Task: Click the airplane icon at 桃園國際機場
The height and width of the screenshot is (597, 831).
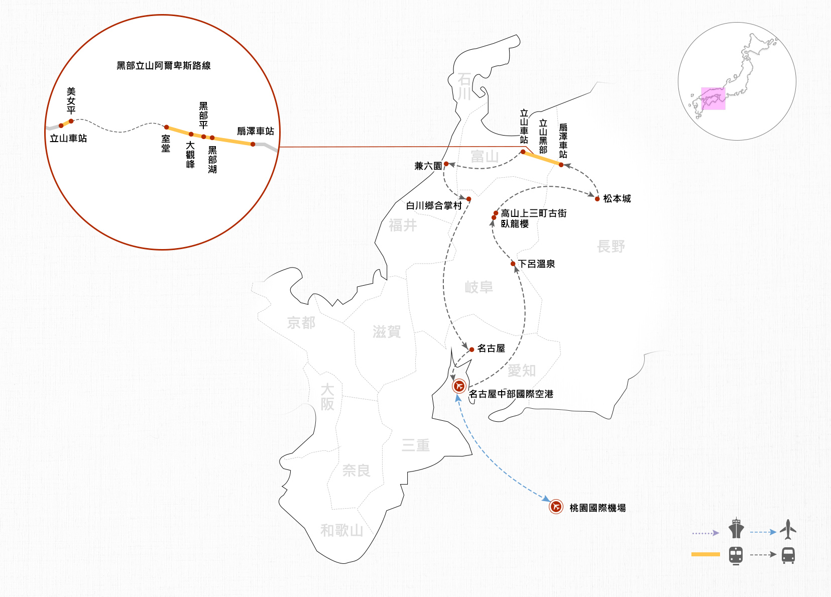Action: click(556, 507)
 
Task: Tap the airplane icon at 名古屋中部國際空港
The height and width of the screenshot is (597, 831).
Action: click(459, 386)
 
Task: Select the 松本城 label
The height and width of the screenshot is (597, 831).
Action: click(617, 199)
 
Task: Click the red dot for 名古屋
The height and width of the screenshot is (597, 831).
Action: click(471, 349)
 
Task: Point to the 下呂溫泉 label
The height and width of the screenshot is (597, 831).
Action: click(536, 264)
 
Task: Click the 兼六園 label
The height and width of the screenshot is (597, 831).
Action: click(428, 166)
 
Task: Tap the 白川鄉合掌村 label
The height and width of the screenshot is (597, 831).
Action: click(434, 206)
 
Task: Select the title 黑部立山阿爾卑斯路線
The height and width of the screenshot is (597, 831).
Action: click(164, 66)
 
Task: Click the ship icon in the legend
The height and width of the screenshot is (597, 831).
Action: click(736, 528)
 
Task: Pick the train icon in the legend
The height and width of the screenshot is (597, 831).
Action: click(736, 555)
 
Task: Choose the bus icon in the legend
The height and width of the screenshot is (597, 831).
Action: click(788, 555)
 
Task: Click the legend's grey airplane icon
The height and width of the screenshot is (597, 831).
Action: click(788, 529)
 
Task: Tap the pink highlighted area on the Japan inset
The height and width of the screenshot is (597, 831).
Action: click(713, 98)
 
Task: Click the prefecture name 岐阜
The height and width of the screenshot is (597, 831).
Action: click(479, 287)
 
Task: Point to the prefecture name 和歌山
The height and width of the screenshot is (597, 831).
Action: click(341, 531)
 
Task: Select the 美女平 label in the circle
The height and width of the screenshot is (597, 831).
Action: click(71, 100)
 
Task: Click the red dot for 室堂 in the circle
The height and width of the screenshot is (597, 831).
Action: click(167, 128)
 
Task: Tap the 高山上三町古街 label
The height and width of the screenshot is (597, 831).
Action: click(534, 213)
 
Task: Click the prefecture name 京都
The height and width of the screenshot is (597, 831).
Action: click(301, 323)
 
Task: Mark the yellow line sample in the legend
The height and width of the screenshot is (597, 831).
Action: click(705, 554)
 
